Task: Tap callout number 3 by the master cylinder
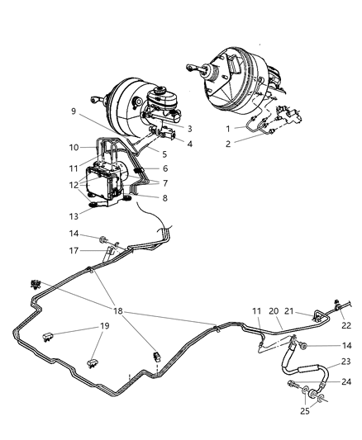[x=189, y=128]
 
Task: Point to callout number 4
[x=189, y=144]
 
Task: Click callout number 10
[x=74, y=148]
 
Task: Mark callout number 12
[x=74, y=185]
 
